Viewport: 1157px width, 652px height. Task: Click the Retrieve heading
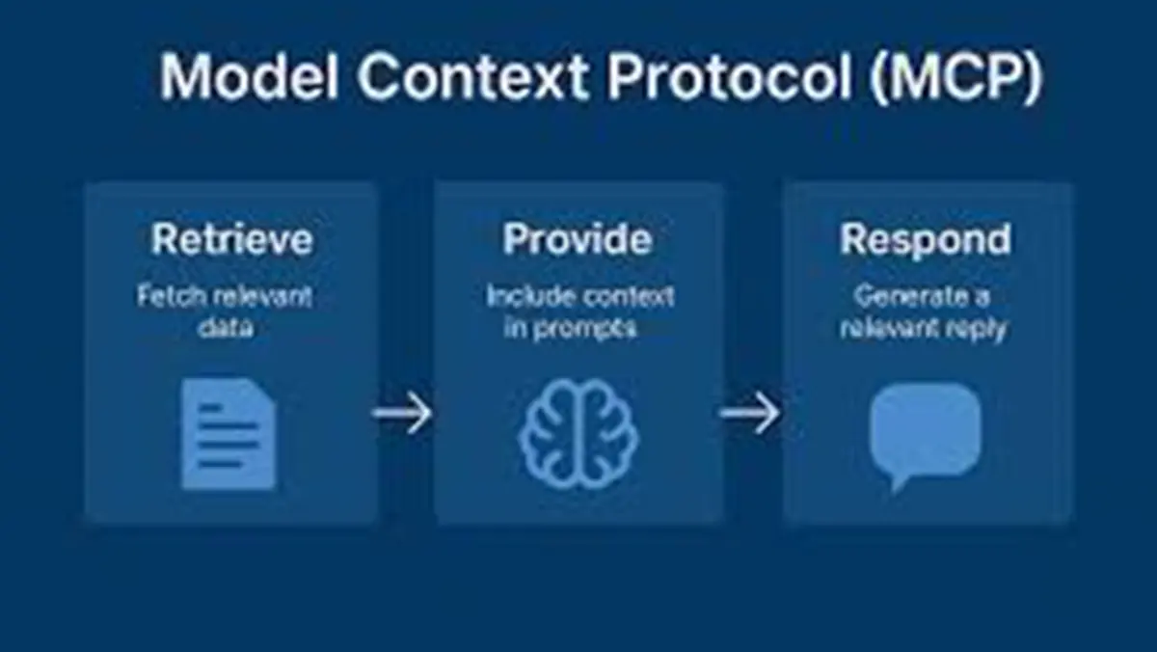231,239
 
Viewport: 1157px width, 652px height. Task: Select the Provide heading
577,239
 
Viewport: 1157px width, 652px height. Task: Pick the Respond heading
926,239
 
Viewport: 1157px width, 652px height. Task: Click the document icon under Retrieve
229,433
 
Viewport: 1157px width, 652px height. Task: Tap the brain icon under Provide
578,433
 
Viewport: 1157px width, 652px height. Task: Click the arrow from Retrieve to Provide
403,415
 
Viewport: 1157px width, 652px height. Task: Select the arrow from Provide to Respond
750,415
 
